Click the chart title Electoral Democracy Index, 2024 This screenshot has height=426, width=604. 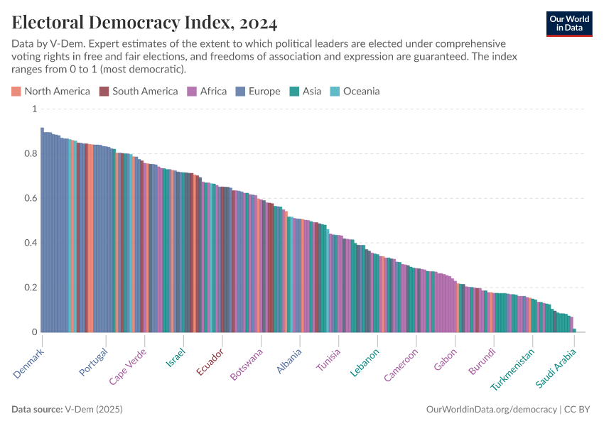(144, 23)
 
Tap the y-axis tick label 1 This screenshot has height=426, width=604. (33, 109)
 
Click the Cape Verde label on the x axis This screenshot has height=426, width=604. (128, 366)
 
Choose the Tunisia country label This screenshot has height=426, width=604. (329, 361)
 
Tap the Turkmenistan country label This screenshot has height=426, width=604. (512, 370)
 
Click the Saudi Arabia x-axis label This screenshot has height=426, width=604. (556, 368)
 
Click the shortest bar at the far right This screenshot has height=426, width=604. (574, 330)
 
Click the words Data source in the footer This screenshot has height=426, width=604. (37, 410)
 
